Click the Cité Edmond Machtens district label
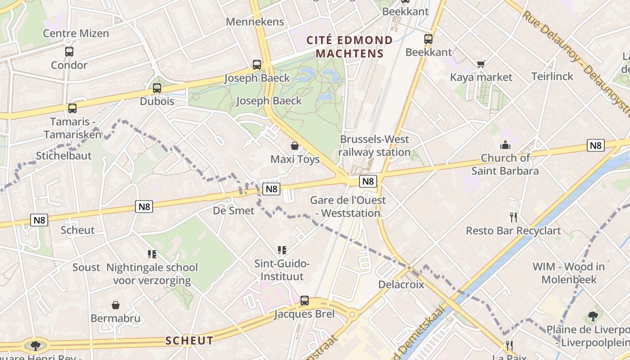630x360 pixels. tap(350, 47)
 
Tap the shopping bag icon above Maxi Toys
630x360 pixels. tap(295, 146)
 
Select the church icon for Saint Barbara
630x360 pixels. tap(505, 145)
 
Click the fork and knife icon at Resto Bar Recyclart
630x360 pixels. tap(513, 217)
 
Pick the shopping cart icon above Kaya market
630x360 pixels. tap(481, 64)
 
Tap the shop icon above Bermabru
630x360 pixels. tap(116, 305)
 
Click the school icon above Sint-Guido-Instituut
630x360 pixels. tap(282, 250)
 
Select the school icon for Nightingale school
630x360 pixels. tap(152, 254)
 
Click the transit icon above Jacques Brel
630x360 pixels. tap(305, 300)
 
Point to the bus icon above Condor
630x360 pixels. tap(69, 52)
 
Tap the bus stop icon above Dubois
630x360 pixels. tap(157, 88)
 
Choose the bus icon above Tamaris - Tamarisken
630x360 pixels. tap(72, 108)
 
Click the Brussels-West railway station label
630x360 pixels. tap(375, 146)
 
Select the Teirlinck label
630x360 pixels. tap(552, 76)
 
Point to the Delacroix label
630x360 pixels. tap(401, 284)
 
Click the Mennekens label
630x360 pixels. tap(255, 22)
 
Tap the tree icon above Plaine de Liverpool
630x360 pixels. tap(593, 316)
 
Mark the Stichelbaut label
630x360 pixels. tap(63, 156)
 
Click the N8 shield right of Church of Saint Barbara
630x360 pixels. tap(595, 145)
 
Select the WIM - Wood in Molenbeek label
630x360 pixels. tap(569, 273)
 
